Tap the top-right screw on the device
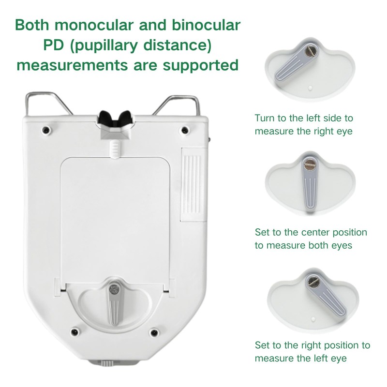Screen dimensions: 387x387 coord(184,130)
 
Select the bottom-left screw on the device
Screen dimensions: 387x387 coord(74,332)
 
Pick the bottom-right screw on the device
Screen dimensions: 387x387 coord(154,332)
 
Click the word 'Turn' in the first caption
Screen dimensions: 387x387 coord(265,118)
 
